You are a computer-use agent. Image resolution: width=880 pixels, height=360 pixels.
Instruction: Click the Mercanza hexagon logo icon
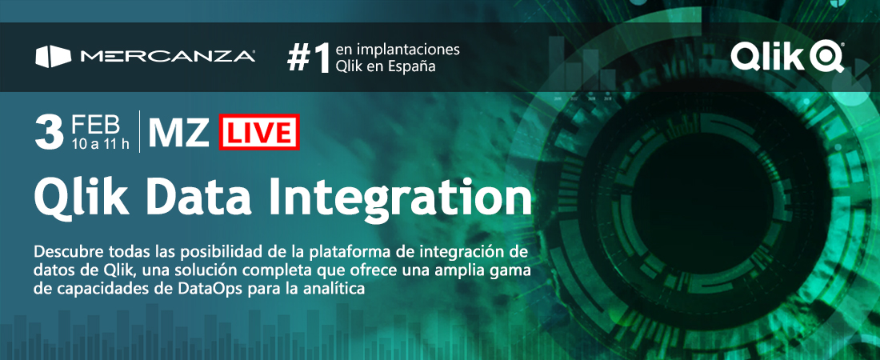pos(54,57)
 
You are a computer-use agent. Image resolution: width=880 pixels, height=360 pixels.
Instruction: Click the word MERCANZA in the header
pos(168,57)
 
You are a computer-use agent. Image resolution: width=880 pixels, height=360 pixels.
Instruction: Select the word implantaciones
pos(406,50)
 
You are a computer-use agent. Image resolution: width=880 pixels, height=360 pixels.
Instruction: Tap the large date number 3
pos(49,133)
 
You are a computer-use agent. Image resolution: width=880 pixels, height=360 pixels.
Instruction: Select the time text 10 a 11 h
pos(101,144)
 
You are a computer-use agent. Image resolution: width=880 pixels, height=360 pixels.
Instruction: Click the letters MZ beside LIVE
pos(179,132)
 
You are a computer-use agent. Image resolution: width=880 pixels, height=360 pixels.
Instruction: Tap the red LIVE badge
pos(258,132)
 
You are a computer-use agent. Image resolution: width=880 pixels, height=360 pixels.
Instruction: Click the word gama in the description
pos(515,270)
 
